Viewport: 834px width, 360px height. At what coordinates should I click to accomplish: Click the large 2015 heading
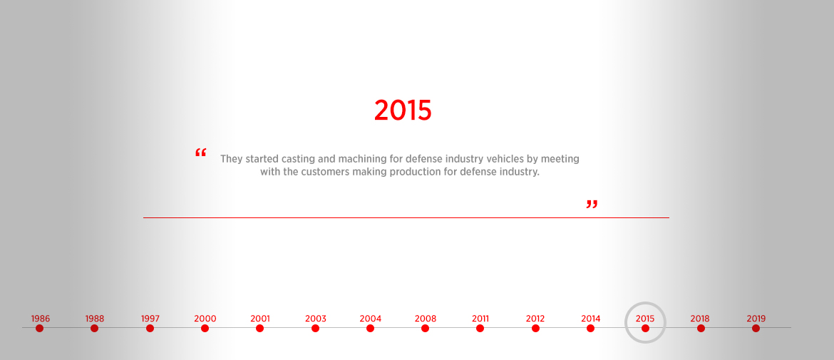pyautogui.click(x=403, y=110)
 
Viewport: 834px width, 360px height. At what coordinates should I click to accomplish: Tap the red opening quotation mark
pyautogui.click(x=200, y=154)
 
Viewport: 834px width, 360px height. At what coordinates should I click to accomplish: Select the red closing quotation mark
pyautogui.click(x=592, y=205)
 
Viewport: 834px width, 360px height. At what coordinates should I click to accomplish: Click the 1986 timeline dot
pyautogui.click(x=39, y=328)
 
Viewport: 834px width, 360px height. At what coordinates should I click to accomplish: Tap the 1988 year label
pyautogui.click(x=95, y=319)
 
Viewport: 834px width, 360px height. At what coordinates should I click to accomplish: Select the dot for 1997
pyautogui.click(x=150, y=328)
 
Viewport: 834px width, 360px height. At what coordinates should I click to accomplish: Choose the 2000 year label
pyautogui.click(x=205, y=319)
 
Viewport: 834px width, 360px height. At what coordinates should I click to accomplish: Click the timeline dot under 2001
pyautogui.click(x=259, y=328)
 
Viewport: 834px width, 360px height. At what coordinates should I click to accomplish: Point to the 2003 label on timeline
pyautogui.click(x=315, y=319)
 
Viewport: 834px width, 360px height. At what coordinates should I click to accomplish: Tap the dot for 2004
pyautogui.click(x=370, y=328)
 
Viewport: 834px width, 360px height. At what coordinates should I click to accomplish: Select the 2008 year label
pyautogui.click(x=426, y=319)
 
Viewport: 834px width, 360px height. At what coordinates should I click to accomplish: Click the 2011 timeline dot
pyautogui.click(x=480, y=328)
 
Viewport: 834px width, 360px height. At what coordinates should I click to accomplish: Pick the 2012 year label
pyautogui.click(x=535, y=319)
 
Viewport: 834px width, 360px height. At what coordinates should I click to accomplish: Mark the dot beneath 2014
pyautogui.click(x=590, y=328)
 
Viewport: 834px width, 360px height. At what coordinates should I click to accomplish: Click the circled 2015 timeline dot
pyautogui.click(x=645, y=328)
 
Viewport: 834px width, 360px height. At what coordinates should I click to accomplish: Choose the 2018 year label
pyautogui.click(x=700, y=319)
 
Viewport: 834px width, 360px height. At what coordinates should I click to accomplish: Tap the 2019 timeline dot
pyautogui.click(x=756, y=328)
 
